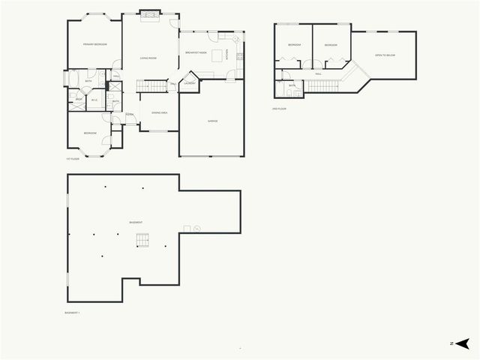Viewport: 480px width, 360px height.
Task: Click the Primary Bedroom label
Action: click(x=95, y=45)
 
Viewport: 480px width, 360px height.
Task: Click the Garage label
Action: click(x=212, y=121)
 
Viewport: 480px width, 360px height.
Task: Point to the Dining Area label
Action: click(x=159, y=112)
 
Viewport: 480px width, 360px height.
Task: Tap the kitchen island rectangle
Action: click(x=217, y=54)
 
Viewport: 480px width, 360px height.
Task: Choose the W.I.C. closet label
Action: click(x=94, y=100)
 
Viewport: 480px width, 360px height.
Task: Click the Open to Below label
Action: click(x=385, y=55)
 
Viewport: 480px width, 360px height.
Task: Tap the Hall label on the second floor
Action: click(x=318, y=73)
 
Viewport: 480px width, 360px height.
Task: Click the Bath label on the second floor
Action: click(x=292, y=85)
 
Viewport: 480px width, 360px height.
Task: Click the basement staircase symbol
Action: click(x=142, y=240)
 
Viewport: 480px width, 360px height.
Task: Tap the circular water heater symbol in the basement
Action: click(x=196, y=228)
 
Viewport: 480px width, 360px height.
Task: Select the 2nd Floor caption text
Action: click(x=279, y=109)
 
